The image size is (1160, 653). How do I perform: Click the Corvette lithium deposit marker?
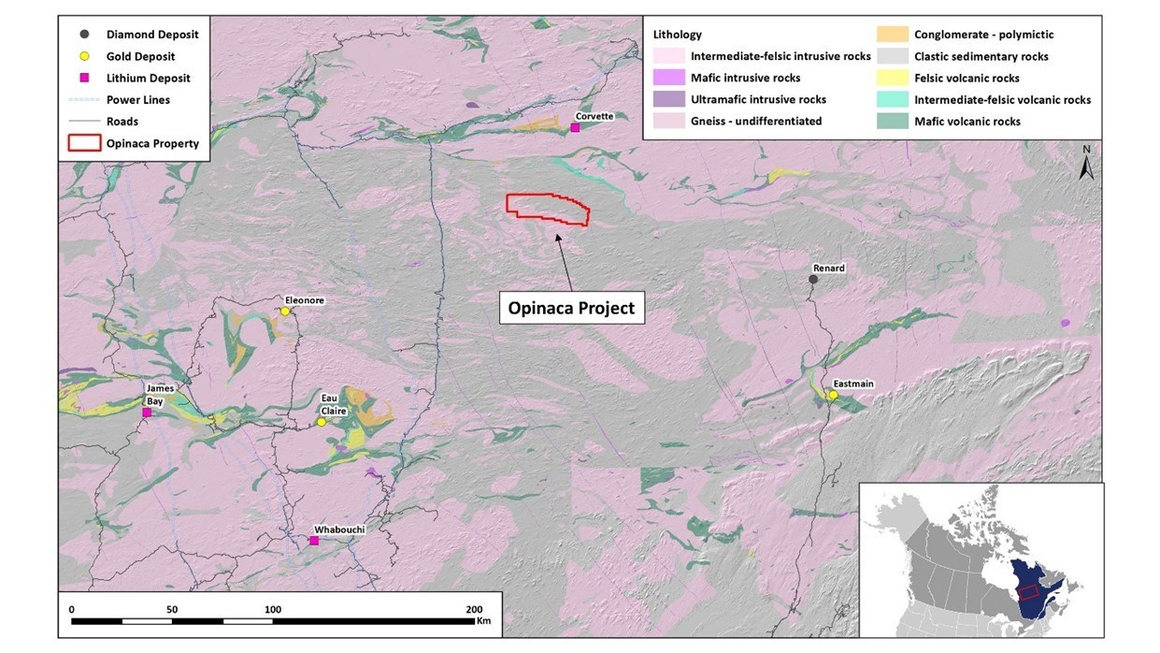coord(575,127)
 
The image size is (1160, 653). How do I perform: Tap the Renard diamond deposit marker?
coord(813,279)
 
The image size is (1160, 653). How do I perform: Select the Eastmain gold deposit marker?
coord(833,395)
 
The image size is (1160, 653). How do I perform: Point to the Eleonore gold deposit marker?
coord(285,312)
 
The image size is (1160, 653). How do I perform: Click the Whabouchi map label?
coord(338,530)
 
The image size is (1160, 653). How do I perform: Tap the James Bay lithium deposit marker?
coord(147,413)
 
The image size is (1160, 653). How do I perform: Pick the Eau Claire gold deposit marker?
coord(321,422)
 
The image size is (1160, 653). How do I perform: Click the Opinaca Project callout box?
coord(570,308)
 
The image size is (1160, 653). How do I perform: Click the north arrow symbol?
coord(1086,165)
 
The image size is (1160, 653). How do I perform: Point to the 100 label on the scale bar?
coord(273,609)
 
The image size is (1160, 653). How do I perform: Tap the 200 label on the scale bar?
coord(475,609)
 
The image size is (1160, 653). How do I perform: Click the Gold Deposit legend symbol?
coord(85,56)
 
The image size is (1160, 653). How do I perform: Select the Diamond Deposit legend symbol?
coord(85,35)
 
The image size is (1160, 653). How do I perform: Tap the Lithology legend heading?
coord(678,35)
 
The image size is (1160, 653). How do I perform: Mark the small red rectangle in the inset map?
coord(1028,591)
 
